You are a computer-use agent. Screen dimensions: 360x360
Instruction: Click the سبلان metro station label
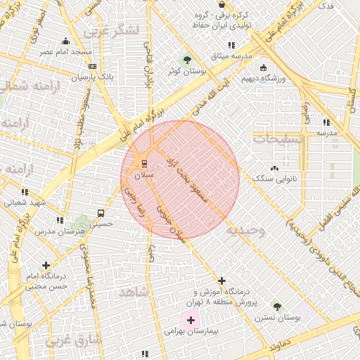(x=143, y=174)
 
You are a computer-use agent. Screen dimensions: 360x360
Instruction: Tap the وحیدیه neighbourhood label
(x=245, y=230)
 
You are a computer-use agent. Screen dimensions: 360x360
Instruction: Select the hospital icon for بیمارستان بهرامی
(x=191, y=320)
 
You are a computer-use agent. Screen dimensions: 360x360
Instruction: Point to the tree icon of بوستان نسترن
(x=277, y=307)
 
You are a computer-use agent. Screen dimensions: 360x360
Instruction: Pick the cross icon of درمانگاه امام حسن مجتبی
(x=46, y=266)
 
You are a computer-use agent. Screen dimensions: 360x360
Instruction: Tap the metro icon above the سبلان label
(x=145, y=164)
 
